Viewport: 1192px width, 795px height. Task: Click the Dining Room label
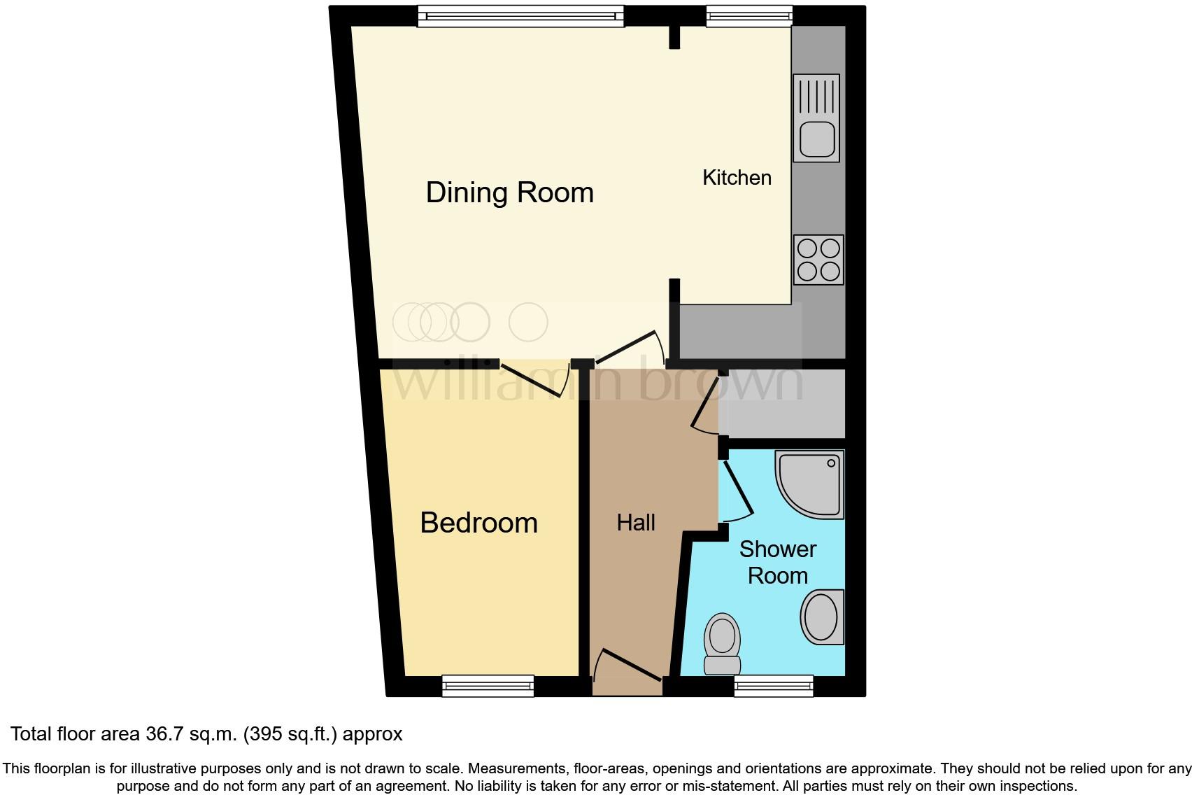coord(509,192)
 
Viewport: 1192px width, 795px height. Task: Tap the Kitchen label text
coord(737,178)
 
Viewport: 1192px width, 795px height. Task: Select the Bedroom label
coord(478,523)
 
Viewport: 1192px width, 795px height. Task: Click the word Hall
coord(636,523)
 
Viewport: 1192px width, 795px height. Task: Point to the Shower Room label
coord(777,562)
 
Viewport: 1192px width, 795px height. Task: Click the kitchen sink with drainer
coord(816,118)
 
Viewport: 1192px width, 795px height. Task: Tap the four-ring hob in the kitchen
coord(818,260)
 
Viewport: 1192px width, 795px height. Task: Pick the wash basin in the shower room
coord(822,617)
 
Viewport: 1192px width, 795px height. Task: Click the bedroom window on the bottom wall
coord(488,686)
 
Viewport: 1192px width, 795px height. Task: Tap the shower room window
coord(773,686)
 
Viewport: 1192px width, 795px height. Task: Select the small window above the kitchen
coord(748,16)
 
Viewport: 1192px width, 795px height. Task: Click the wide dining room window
coord(520,16)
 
